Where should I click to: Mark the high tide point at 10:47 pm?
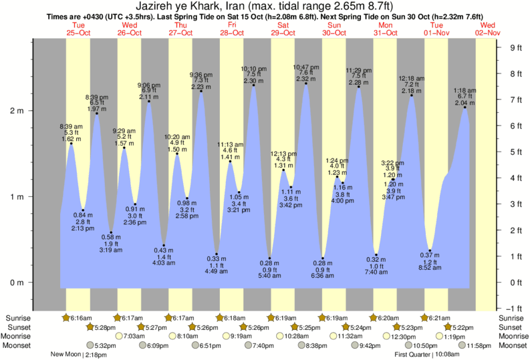pos(306,83)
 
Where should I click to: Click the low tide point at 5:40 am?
pos(270,258)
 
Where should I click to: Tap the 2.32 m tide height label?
pos(305,79)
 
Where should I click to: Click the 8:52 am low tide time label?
pos(429,267)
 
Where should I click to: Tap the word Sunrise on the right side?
pos(513,318)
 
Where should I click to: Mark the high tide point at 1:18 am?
pos(465,108)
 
